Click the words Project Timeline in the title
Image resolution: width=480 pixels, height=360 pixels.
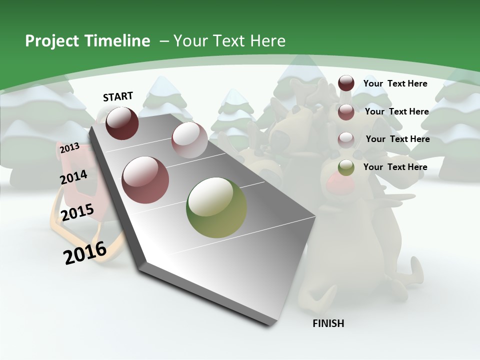(x=87, y=41)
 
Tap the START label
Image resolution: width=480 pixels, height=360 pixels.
(x=118, y=96)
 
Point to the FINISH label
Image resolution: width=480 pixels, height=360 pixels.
(x=328, y=323)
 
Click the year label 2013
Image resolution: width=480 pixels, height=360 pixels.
(x=69, y=148)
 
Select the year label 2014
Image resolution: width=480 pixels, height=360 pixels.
(x=73, y=177)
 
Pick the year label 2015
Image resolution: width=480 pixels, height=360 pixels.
(x=77, y=212)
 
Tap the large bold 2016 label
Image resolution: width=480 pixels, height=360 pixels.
(x=85, y=252)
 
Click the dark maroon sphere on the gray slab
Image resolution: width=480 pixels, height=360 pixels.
(x=122, y=123)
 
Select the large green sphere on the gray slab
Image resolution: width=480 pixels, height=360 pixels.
(x=216, y=207)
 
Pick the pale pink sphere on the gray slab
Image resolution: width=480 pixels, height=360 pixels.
(x=189, y=140)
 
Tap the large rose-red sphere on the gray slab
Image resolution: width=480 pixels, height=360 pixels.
(x=145, y=180)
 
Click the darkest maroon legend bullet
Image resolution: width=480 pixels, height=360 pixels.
(x=346, y=83)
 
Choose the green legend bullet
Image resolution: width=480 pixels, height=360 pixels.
(x=346, y=167)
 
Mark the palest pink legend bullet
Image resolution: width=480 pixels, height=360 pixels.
(x=346, y=139)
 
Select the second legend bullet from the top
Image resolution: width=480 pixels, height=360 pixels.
(x=346, y=111)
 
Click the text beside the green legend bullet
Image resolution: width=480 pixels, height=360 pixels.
(x=395, y=167)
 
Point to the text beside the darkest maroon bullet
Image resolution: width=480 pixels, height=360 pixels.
(x=395, y=83)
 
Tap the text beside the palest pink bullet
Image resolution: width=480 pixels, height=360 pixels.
(x=398, y=139)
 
